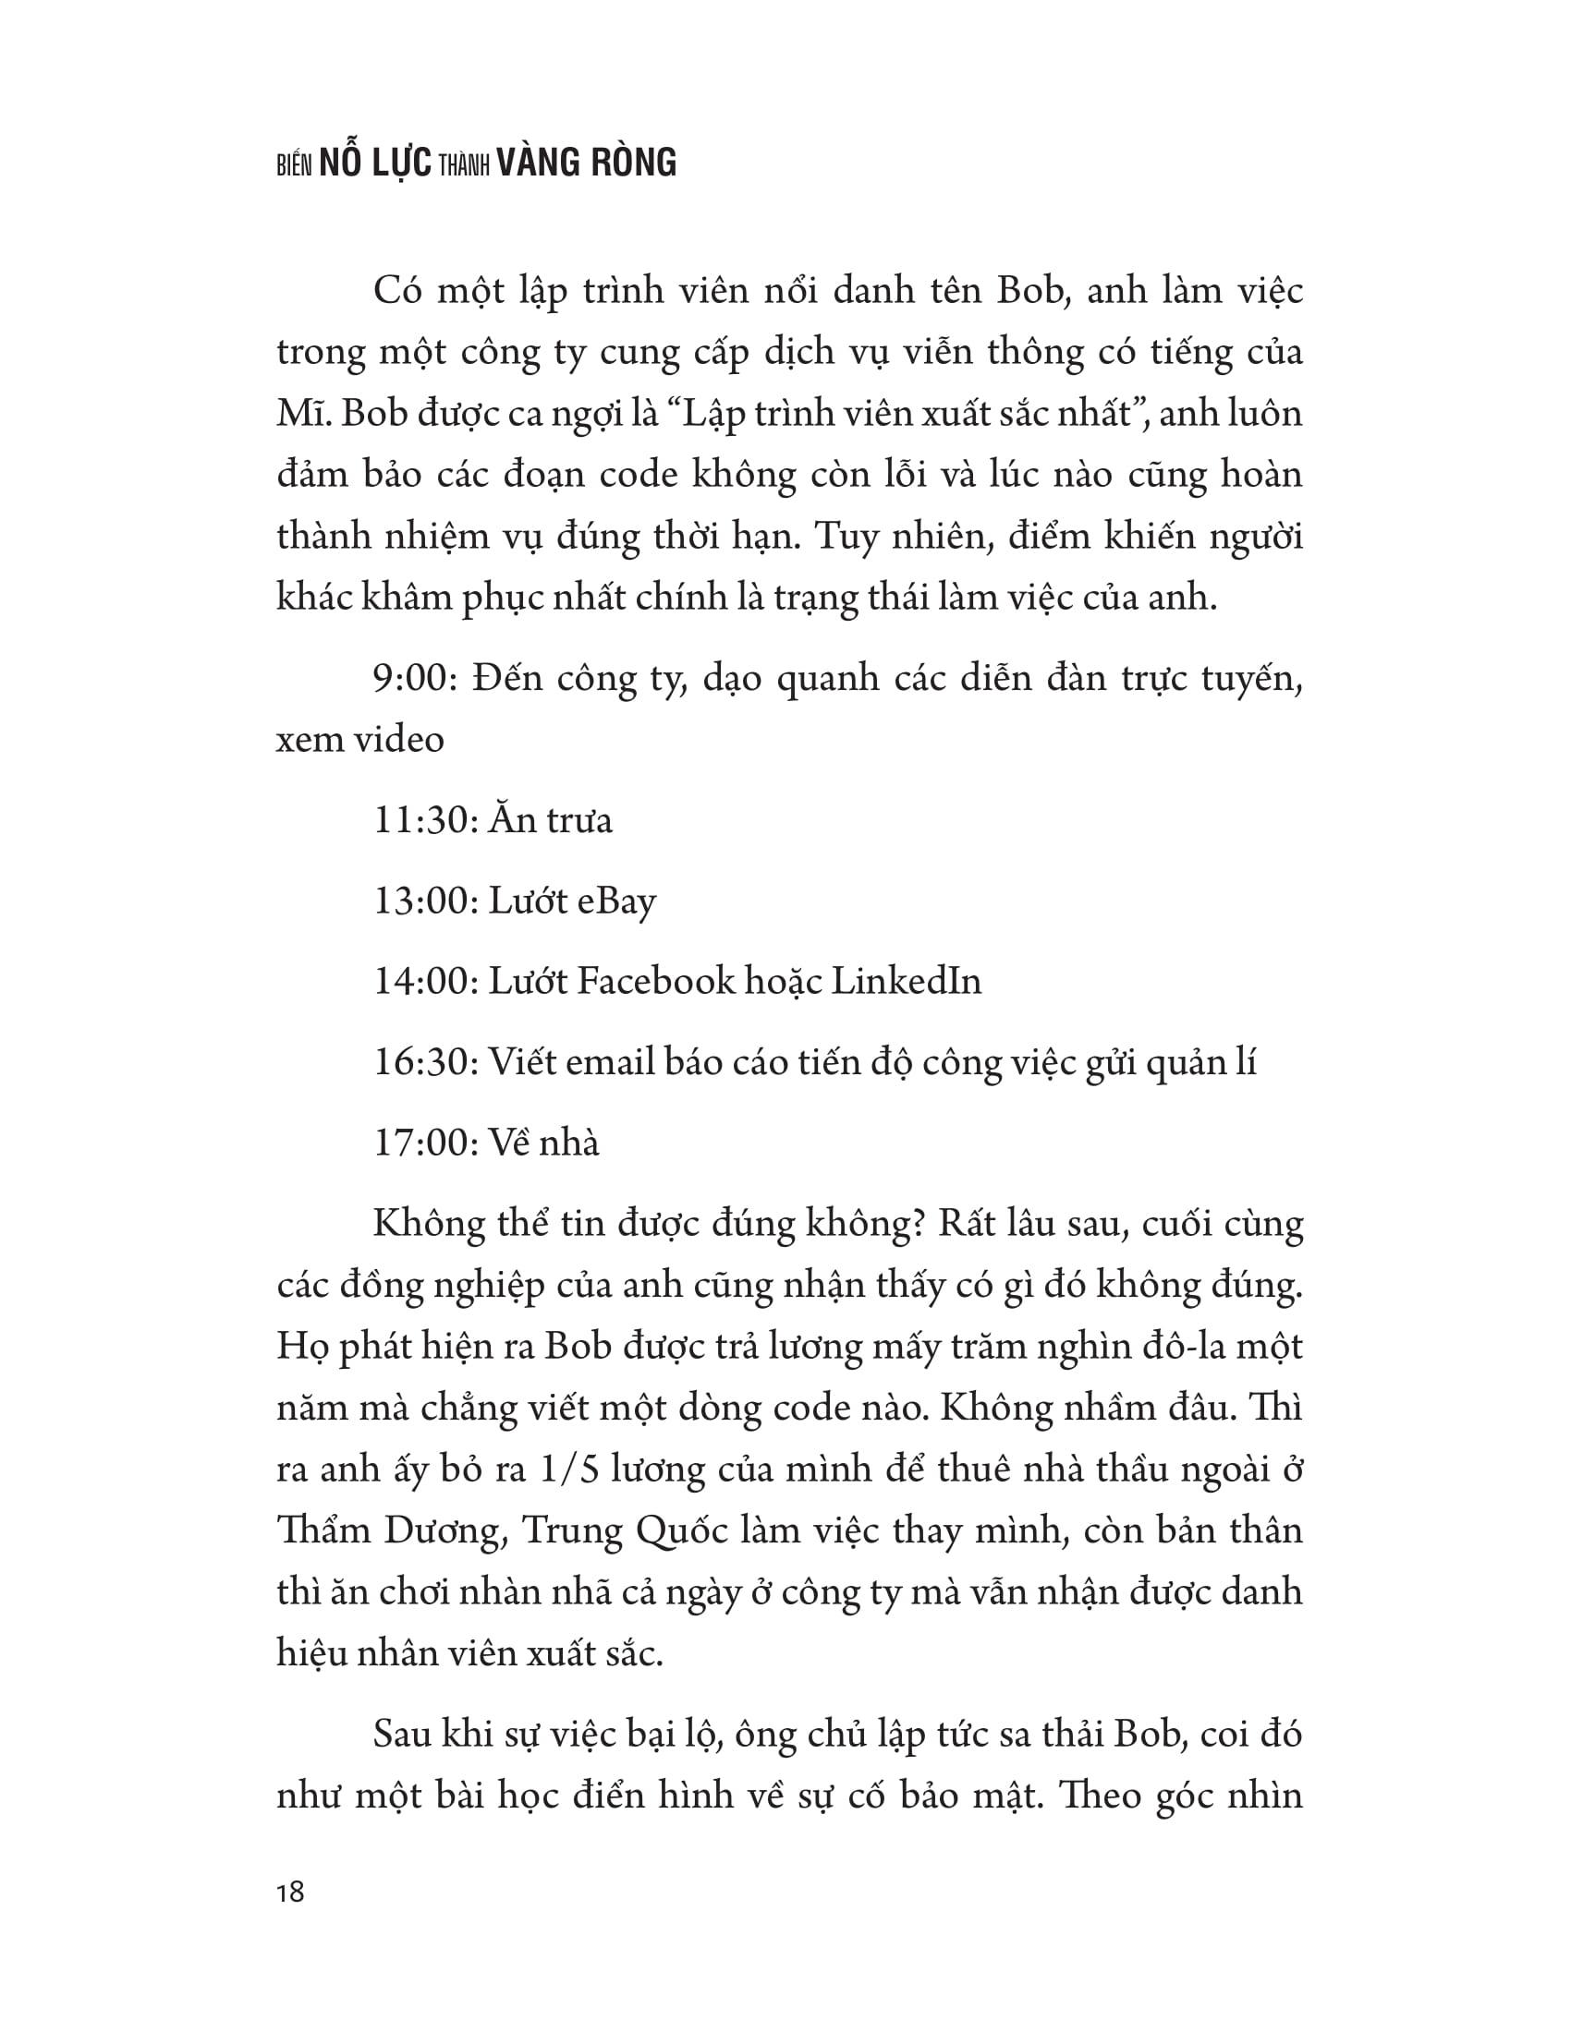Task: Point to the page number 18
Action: coord(290,1892)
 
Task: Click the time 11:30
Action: coord(422,820)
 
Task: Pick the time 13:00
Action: coord(422,901)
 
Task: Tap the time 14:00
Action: coord(422,981)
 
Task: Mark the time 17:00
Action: coord(422,1142)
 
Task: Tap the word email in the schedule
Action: coord(610,1061)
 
